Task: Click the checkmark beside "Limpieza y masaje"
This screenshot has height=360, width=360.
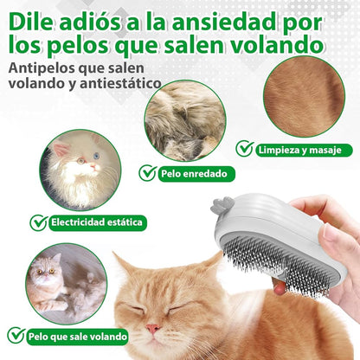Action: pyautogui.click(x=245, y=149)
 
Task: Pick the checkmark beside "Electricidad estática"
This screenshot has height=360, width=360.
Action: pyautogui.click(x=38, y=222)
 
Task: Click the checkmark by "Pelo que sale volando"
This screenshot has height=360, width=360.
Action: pyautogui.click(x=16, y=335)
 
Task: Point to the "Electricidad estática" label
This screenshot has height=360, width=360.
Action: pyautogui.click(x=95, y=222)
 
